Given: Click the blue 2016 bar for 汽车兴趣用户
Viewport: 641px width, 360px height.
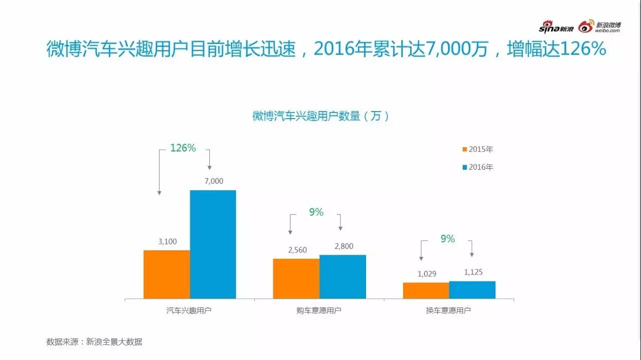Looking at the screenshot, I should coord(213,244).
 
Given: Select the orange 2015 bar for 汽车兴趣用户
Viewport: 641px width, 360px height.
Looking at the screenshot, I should coord(167,274).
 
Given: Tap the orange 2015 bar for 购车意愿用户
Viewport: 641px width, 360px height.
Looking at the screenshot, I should coord(296,279).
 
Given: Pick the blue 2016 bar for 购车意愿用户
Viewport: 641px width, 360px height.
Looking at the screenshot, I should coord(343,277).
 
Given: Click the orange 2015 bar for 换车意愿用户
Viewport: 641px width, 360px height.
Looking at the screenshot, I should coord(426,290).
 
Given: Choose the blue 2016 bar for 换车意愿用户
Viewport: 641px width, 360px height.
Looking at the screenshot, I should coord(472,290).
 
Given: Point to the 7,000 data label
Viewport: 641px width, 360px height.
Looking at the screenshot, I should coord(214,181).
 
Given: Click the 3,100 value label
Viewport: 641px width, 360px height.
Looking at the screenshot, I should coord(167,241).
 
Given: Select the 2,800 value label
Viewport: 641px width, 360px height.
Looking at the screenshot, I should coord(344,246).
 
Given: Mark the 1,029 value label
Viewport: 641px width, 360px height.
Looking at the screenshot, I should coord(427,274).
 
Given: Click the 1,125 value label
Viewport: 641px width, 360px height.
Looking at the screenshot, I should coord(473,272).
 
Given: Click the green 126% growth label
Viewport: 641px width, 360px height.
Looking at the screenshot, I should coord(183,148).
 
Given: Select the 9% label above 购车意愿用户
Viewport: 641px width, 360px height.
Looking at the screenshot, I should coord(316,212).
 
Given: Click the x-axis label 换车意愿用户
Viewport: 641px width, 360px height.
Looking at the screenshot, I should coord(448,310).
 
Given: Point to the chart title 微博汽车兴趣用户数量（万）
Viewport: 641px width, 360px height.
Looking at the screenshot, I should coord(321,116).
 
